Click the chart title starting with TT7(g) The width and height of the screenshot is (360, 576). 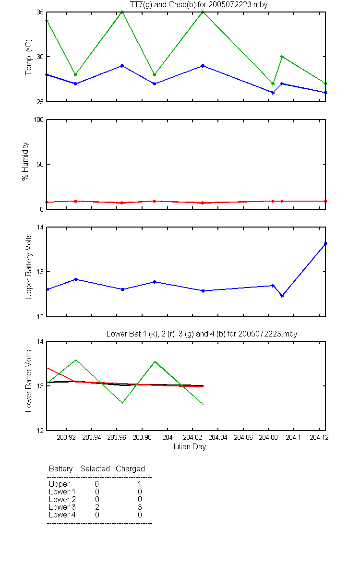pos(199,5)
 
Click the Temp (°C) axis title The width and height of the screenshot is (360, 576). pos(28,57)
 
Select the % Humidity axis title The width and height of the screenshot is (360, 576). pos(25,161)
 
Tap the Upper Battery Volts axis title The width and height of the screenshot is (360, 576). pos(28,266)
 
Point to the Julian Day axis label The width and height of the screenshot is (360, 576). pos(189,447)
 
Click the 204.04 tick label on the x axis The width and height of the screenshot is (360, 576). pos(218,437)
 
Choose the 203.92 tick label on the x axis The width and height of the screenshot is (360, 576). pos(66,437)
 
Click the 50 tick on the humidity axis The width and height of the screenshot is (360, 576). pos(40,164)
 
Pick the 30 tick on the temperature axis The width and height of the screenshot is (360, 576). pos(40,57)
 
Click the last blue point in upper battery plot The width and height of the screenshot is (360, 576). pos(325,243)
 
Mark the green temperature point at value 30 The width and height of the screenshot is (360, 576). pos(282,57)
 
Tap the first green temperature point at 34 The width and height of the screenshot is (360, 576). pos(47,21)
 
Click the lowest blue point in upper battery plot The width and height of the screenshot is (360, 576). pos(282,296)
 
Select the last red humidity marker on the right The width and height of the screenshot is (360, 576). pos(325,201)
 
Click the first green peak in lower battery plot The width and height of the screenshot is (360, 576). pos(76,360)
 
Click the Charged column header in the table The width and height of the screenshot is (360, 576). pos(130,469)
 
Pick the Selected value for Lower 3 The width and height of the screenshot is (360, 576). pos(97,507)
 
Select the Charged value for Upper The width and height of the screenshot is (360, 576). pos(139,484)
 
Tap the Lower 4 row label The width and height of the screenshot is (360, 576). pos(62,515)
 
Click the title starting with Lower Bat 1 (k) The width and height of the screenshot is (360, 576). pos(202,334)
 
